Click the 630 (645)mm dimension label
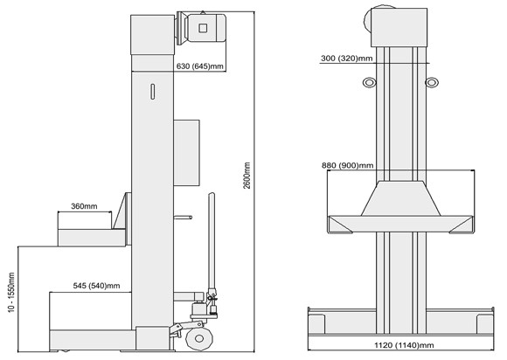point(199,66)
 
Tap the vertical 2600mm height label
point(247,175)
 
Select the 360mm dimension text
point(84,206)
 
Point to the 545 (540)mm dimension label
point(96,286)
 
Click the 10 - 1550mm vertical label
point(11,293)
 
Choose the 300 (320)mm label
point(347,59)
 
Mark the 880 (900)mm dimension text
point(348,165)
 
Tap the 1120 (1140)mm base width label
point(404,345)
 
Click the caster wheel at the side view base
point(198,338)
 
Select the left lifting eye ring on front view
point(369,82)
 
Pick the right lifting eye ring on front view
point(431,82)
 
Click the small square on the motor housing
point(203,28)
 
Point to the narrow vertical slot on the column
point(153,92)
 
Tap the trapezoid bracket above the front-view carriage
point(400,198)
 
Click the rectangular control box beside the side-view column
point(186,153)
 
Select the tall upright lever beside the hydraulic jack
point(212,242)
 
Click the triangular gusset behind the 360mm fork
point(120,211)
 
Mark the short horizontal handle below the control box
point(183,218)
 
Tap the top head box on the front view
point(399,27)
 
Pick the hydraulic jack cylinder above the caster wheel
point(198,309)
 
